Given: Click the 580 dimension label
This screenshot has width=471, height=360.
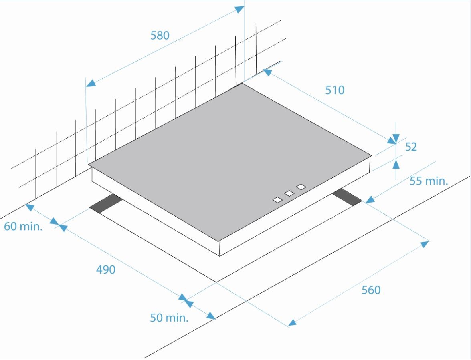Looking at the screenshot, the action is [x=160, y=35].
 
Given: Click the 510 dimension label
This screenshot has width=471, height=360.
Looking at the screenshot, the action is [x=335, y=90].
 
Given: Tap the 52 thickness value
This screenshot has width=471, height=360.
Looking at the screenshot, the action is [x=411, y=147].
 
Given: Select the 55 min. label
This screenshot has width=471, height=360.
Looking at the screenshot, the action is [x=429, y=181].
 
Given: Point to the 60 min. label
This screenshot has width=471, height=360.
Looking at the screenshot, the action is [x=23, y=226].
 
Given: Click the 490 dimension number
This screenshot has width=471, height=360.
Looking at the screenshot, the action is [x=106, y=269].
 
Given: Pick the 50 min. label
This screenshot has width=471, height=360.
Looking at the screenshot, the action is [x=169, y=318].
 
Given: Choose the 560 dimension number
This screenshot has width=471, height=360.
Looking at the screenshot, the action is [x=371, y=290].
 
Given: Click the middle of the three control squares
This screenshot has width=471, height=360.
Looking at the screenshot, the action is [x=289, y=193].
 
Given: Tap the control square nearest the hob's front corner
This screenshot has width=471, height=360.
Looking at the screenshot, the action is [x=277, y=200].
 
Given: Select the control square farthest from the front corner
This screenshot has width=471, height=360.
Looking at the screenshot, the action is [x=301, y=187].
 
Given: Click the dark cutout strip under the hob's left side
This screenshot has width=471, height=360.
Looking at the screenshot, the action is [x=106, y=204].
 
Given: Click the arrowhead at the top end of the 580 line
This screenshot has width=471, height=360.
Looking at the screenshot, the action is [x=239, y=9].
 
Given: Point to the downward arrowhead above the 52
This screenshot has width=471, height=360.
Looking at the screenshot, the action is [x=396, y=138].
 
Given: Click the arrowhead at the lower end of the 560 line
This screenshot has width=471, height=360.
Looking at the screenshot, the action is [x=292, y=322].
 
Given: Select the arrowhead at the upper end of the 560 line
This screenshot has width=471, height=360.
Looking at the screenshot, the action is [x=424, y=244].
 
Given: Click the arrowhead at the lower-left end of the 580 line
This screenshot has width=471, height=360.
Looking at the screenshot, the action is [x=91, y=83].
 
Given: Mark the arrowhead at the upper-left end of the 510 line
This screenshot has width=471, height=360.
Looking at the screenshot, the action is [x=267, y=72].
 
